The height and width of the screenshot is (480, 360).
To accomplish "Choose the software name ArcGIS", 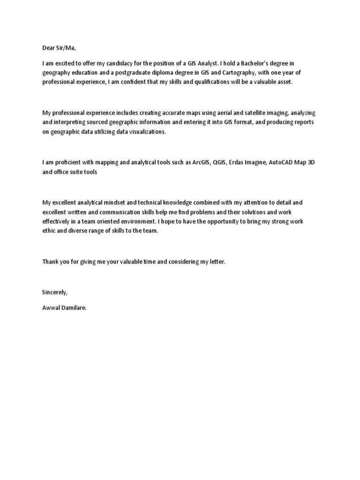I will point(201,163).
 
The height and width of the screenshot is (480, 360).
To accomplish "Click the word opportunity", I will point(210,221).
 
